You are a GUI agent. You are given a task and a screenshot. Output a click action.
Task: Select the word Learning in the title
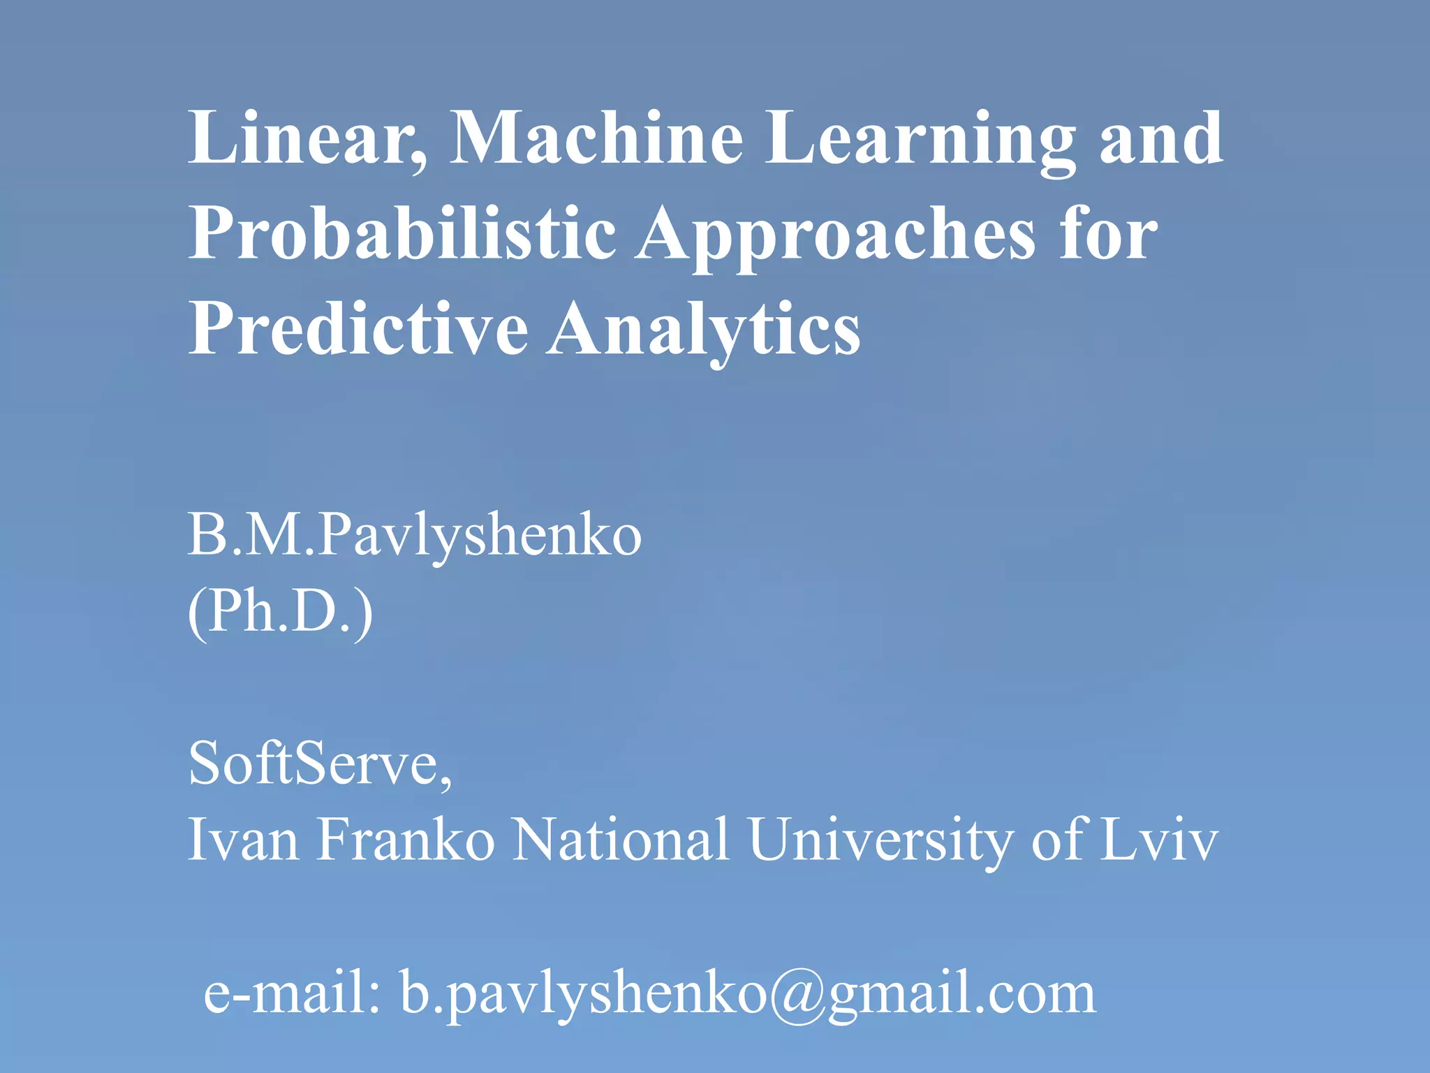(x=921, y=140)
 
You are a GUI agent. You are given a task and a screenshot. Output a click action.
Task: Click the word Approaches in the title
(x=835, y=236)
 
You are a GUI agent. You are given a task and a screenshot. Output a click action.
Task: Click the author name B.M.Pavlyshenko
(x=414, y=537)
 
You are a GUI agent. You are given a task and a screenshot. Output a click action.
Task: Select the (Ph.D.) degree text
(x=280, y=611)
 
